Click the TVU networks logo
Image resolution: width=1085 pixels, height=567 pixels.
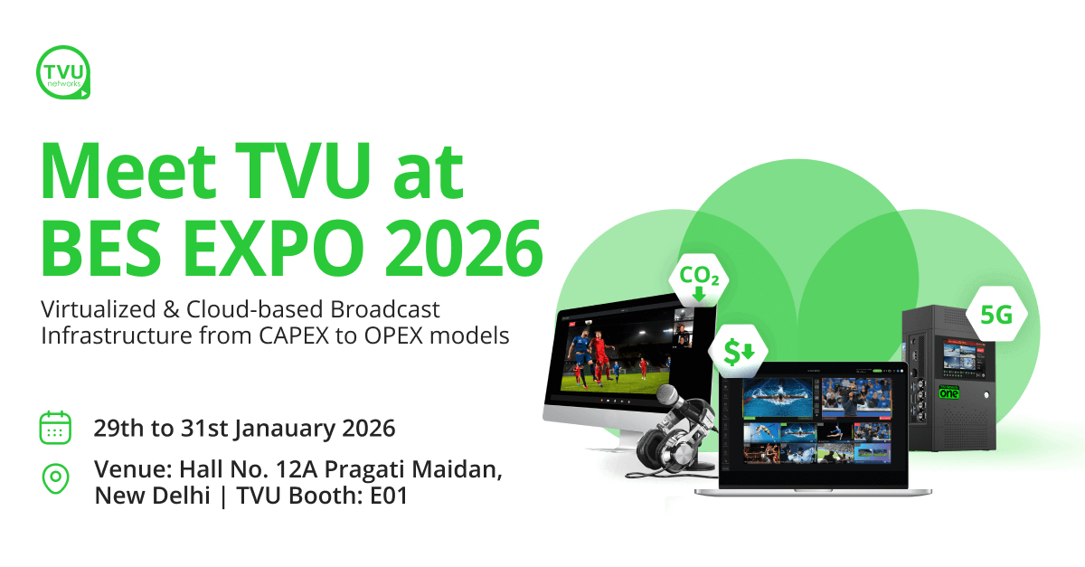[x=63, y=72]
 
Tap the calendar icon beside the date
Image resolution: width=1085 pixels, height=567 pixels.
[x=55, y=428]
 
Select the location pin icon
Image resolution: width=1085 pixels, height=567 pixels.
[x=56, y=478]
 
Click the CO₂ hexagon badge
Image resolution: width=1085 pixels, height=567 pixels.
[x=699, y=280]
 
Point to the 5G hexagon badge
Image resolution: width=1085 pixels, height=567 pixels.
[x=996, y=315]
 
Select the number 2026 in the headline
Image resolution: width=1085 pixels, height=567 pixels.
[x=464, y=249]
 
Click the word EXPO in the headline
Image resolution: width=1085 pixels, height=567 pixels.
[x=274, y=249]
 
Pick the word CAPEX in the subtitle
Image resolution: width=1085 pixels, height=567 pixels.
[x=294, y=335]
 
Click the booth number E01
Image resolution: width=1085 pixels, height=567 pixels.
[x=389, y=496]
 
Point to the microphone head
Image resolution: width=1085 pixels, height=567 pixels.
[x=670, y=395]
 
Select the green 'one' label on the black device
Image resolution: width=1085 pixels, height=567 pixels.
[x=948, y=392]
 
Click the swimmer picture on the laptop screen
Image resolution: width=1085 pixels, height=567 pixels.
[x=778, y=397]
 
